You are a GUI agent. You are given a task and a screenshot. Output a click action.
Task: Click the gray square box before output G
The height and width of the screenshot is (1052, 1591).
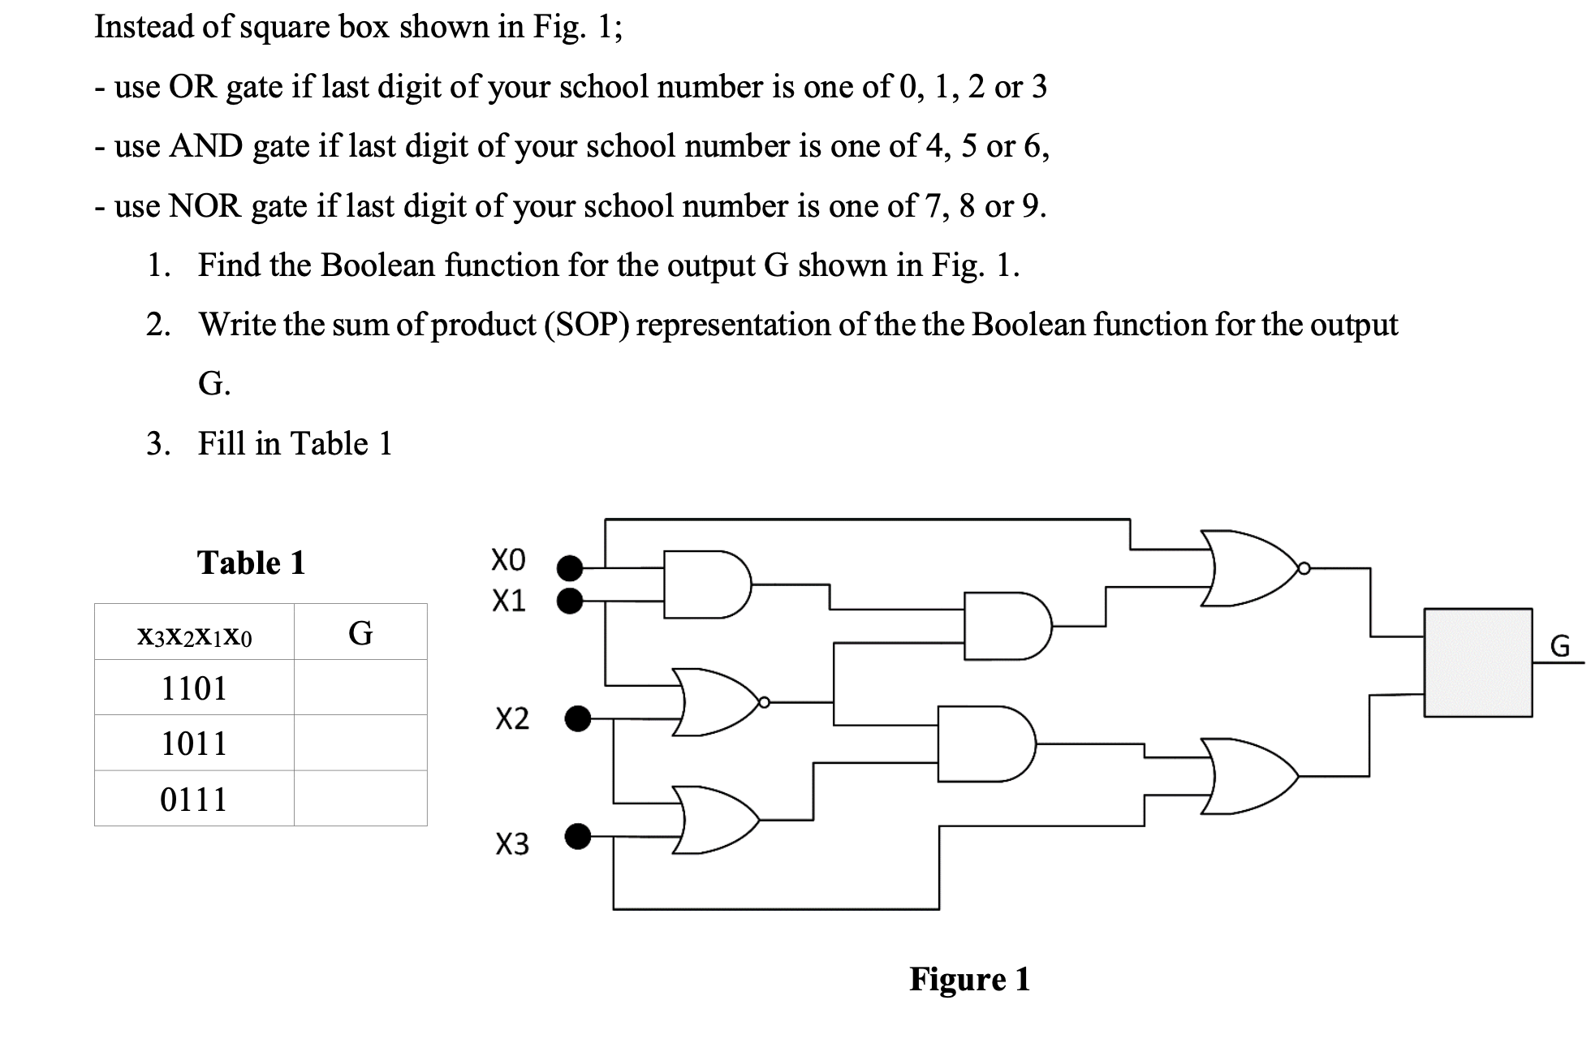1477,662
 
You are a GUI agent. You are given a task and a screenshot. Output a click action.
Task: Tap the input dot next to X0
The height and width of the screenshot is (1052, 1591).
571,566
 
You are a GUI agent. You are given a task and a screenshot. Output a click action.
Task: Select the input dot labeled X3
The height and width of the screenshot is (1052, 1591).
577,835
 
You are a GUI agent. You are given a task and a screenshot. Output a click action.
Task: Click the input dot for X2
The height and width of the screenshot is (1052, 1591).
577,718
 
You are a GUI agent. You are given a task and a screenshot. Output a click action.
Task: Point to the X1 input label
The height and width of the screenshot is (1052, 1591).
509,601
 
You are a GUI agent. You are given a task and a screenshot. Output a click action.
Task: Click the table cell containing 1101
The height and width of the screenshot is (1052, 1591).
194,688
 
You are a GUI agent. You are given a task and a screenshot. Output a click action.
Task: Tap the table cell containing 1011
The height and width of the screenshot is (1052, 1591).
194,743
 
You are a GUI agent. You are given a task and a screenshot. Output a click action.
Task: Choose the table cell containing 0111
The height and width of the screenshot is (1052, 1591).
194,799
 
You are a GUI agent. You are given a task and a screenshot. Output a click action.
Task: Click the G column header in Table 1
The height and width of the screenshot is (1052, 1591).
360,632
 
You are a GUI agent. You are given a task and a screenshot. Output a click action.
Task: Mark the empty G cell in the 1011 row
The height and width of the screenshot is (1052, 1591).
360,743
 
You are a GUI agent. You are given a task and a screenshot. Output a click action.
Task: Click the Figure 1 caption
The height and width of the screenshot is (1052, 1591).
969,979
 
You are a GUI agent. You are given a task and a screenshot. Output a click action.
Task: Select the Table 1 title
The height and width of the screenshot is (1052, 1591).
251,563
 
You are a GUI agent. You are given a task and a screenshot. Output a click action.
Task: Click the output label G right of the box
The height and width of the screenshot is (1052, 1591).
1559,647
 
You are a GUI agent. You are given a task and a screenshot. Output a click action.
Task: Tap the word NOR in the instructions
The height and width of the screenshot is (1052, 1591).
205,206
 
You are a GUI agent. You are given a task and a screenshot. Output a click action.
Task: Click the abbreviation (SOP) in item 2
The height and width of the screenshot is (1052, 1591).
585,325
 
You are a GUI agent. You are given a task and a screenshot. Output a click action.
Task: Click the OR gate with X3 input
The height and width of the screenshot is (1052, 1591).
714,820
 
